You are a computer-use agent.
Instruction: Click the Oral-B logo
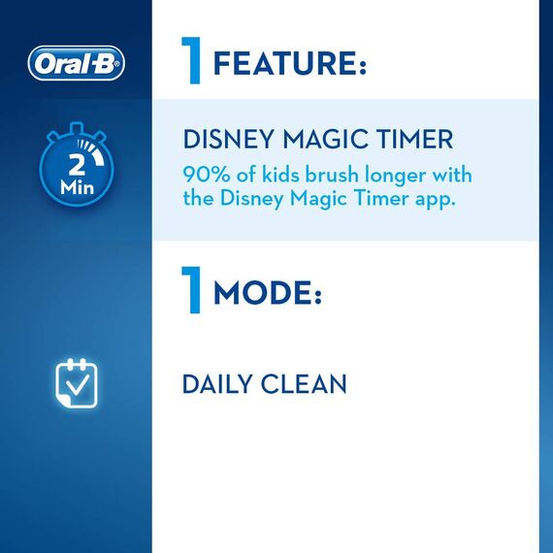click(x=77, y=64)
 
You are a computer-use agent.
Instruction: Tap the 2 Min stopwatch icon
click(x=76, y=170)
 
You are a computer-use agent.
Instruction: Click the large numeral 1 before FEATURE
click(x=192, y=60)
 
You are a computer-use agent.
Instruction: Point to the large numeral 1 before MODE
click(x=192, y=288)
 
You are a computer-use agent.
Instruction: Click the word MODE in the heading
click(x=266, y=294)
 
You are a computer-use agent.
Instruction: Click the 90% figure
click(x=205, y=174)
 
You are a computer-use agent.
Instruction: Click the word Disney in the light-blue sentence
click(x=245, y=200)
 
